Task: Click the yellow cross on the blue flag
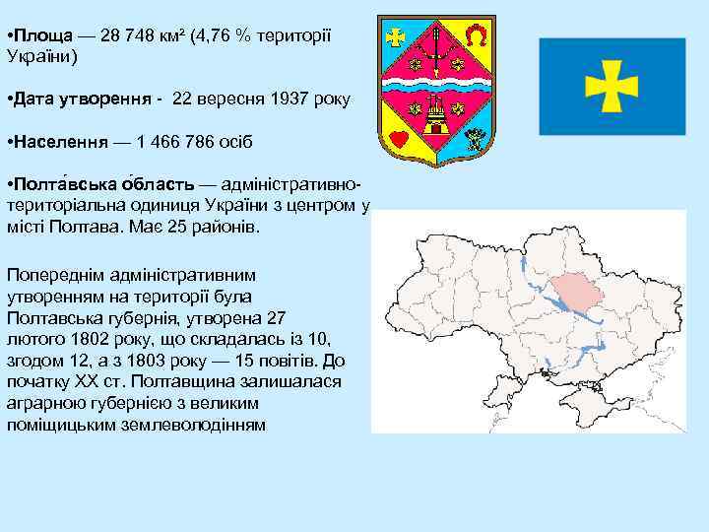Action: tap(612, 86)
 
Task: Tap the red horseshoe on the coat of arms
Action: tap(476, 37)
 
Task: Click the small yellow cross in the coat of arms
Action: tap(396, 37)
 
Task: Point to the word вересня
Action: tap(231, 99)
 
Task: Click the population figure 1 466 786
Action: tap(177, 142)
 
